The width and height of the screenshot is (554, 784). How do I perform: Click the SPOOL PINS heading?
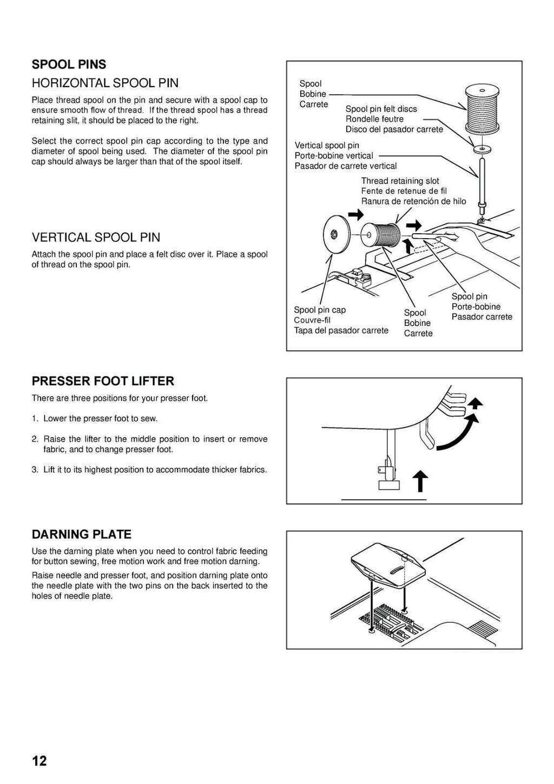click(x=69, y=64)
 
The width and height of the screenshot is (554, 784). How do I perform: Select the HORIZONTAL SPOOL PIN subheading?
click(x=105, y=83)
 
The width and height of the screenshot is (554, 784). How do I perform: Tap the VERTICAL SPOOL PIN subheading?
click(x=96, y=237)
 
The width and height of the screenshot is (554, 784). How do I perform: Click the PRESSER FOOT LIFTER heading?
click(x=103, y=381)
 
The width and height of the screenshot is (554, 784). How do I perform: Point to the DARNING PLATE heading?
click(x=81, y=535)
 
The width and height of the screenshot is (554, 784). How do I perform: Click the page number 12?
click(x=39, y=761)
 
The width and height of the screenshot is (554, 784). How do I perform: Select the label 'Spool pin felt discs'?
click(x=381, y=109)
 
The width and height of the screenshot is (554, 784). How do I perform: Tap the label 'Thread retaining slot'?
click(x=400, y=181)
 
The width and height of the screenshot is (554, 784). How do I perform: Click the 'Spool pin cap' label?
click(x=319, y=309)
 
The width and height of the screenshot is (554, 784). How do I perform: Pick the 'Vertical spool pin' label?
click(x=326, y=145)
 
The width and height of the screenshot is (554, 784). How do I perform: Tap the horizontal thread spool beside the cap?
click(x=381, y=235)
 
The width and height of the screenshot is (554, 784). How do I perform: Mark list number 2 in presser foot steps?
click(x=35, y=439)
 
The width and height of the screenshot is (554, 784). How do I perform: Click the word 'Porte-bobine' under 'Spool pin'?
click(x=476, y=307)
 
